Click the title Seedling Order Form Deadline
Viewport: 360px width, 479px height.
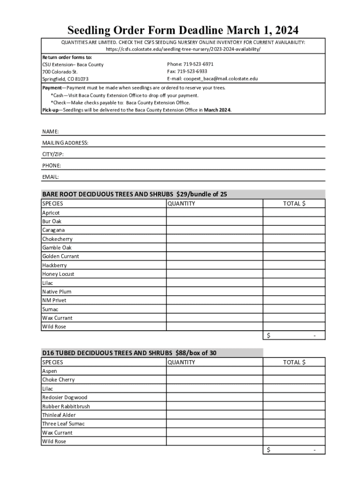pos(183,31)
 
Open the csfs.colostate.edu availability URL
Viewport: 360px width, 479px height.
pos(183,49)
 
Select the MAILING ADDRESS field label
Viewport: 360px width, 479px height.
pos(65,143)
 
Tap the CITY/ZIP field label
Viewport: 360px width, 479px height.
pos(53,154)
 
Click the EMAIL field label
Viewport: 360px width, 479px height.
pos(50,177)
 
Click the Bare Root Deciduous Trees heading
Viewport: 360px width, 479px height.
pos(135,194)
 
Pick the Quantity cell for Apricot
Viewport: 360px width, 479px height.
pos(214,212)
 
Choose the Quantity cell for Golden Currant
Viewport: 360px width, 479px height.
pos(214,256)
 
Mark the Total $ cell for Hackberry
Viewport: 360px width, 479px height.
pos(294,265)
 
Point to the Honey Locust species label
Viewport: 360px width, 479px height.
pos(58,274)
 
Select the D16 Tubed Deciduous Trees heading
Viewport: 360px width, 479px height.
pos(129,353)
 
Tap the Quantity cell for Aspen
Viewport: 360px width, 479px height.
pos(214,371)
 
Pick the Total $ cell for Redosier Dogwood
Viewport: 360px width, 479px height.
pos(294,398)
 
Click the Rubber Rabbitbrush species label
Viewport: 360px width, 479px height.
pos(66,406)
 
